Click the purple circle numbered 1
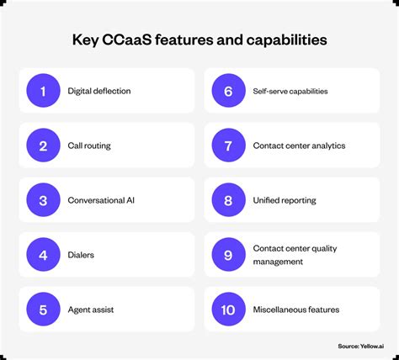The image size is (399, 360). click(x=43, y=91)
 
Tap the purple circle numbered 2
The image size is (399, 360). click(x=43, y=146)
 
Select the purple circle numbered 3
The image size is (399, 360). click(x=43, y=200)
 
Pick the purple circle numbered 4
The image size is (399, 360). click(x=43, y=255)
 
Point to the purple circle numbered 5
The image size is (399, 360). click(x=43, y=310)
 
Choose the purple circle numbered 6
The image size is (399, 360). click(x=228, y=91)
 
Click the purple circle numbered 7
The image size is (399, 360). click(x=228, y=146)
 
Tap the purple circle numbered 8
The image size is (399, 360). click(x=228, y=200)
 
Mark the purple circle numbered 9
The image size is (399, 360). click(x=228, y=255)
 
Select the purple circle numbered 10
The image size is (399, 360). click(x=228, y=310)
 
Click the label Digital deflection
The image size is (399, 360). click(x=99, y=91)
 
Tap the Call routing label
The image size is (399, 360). click(x=89, y=146)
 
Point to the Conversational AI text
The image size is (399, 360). click(x=101, y=200)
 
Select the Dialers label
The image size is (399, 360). click(x=82, y=255)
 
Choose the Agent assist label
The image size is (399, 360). click(x=91, y=310)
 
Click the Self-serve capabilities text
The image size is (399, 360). click(x=290, y=91)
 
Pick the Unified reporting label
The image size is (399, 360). click(x=285, y=200)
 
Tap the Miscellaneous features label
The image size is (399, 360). click(x=296, y=310)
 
